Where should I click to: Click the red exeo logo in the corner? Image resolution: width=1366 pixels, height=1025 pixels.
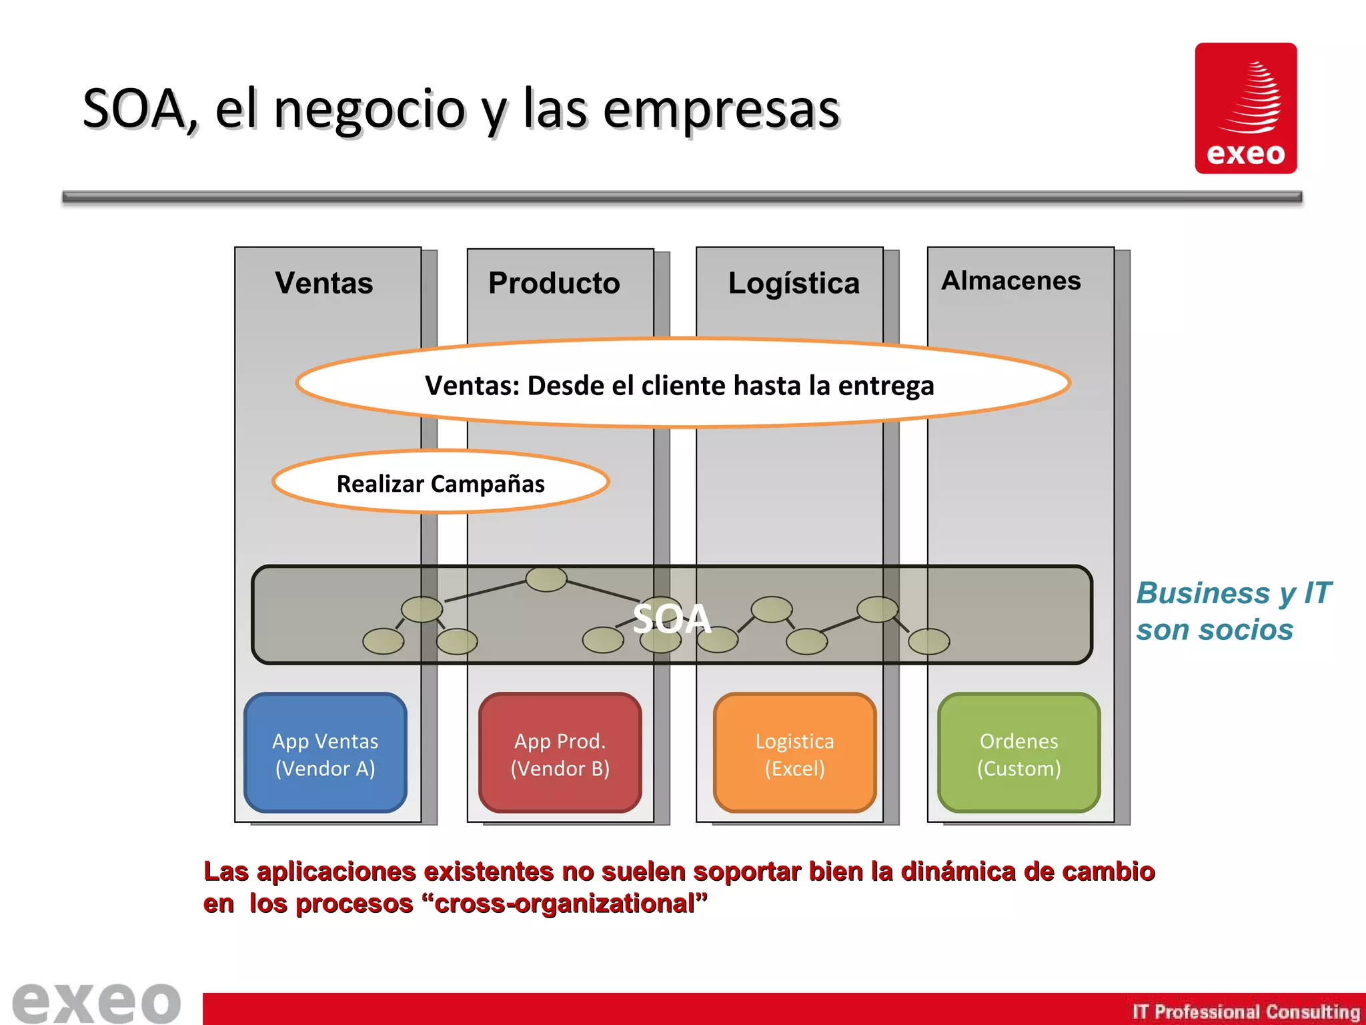tap(1245, 108)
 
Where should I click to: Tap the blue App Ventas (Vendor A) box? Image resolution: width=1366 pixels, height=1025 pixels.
tap(325, 753)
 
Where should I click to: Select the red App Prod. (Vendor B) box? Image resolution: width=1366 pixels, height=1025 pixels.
tap(560, 753)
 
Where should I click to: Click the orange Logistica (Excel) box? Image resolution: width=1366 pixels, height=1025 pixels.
tap(794, 753)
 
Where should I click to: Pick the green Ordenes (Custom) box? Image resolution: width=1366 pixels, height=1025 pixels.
tap(1018, 753)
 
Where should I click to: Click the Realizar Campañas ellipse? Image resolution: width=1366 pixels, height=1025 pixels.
tap(440, 482)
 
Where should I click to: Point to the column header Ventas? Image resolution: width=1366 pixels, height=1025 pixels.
tap(324, 283)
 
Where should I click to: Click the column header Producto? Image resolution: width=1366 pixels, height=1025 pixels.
tap(554, 283)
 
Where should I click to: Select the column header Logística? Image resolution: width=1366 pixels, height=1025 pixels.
tap(794, 283)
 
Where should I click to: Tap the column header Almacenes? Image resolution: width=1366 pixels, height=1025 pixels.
tap(1010, 281)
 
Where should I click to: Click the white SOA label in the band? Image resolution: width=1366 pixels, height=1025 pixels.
tap(672, 618)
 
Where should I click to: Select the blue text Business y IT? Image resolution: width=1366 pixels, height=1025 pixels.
tap(1233, 593)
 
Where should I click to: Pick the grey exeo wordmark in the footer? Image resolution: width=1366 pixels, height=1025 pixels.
tap(97, 1002)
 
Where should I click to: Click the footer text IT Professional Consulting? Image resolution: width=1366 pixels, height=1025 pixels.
tap(1245, 1012)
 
